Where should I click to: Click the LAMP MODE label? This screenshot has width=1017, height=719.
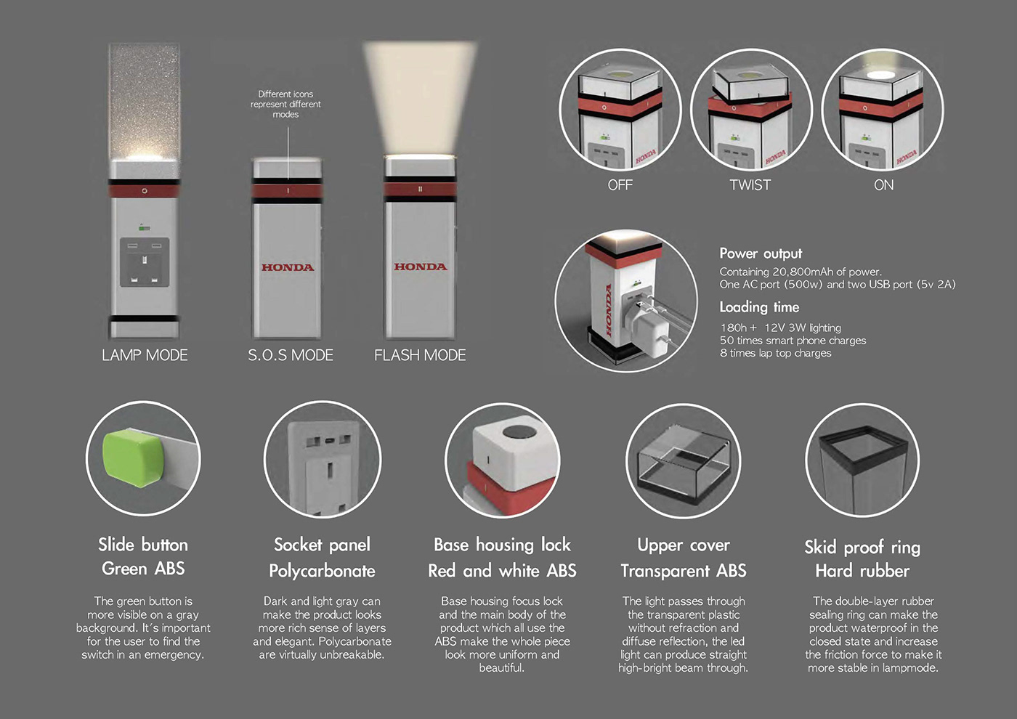point(145,355)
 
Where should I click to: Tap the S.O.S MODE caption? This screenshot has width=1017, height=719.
point(291,355)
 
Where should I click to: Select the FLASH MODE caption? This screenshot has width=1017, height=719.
point(420,355)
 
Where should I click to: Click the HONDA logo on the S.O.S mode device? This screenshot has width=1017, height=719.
point(288,267)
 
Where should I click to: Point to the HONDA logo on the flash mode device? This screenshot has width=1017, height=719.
point(421,267)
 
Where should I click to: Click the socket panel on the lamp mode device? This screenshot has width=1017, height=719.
point(145,262)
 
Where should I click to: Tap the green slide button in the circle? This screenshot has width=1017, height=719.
point(134,458)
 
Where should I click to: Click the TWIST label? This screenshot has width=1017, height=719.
point(750,185)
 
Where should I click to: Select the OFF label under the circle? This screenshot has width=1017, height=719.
point(620,185)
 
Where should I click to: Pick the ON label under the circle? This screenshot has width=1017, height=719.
point(883,185)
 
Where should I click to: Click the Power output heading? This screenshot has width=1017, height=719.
point(761,253)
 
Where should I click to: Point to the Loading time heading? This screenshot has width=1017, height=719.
point(759,307)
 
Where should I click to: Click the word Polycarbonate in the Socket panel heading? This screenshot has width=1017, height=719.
point(322,571)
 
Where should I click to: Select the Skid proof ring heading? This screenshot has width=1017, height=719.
point(862,547)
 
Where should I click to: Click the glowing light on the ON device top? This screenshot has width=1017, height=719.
point(880,75)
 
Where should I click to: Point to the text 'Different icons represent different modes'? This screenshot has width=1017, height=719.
point(285,104)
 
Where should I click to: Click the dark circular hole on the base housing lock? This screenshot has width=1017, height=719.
point(519,431)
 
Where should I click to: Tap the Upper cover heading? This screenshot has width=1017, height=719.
point(684,545)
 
